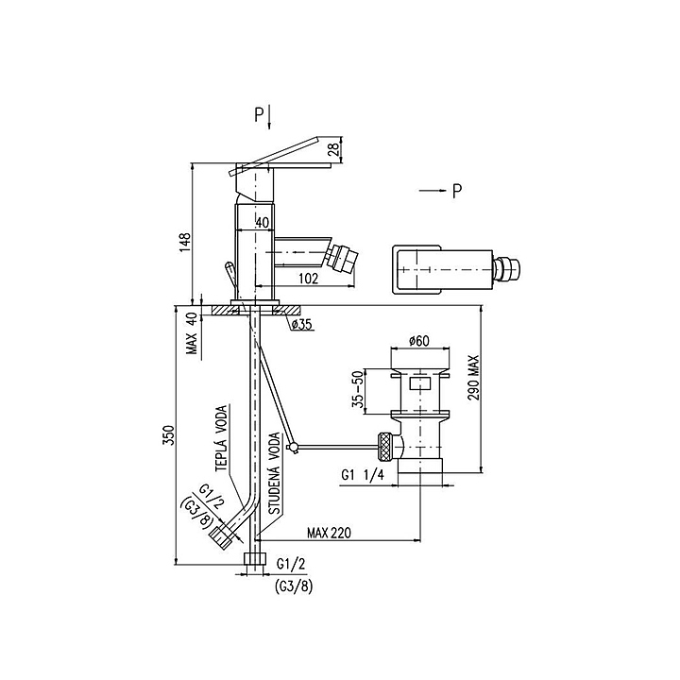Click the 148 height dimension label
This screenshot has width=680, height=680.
pyautogui.click(x=185, y=242)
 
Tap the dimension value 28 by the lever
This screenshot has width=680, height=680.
pyautogui.click(x=334, y=150)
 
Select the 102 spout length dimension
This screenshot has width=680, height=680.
pyautogui.click(x=308, y=278)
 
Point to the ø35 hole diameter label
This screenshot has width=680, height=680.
pyautogui.click(x=302, y=324)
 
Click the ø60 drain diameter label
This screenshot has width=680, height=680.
pyautogui.click(x=419, y=341)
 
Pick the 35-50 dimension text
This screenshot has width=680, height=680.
pyautogui.click(x=358, y=390)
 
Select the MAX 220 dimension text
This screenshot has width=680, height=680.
pyautogui.click(x=330, y=533)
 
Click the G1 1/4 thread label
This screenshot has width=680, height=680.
pyautogui.click(x=363, y=475)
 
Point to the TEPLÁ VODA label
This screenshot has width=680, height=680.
pyautogui.click(x=222, y=438)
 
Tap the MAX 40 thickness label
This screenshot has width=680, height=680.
pyautogui.click(x=193, y=333)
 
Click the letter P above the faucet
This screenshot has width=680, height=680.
pyautogui.click(x=259, y=115)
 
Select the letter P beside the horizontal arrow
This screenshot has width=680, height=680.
pyautogui.click(x=457, y=191)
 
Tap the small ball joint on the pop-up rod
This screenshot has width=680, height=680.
pyautogui.click(x=292, y=447)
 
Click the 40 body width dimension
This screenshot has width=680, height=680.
pyautogui.click(x=263, y=223)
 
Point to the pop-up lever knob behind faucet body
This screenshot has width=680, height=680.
pyautogui.click(x=229, y=266)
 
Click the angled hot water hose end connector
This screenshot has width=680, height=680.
pyautogui.click(x=224, y=536)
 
